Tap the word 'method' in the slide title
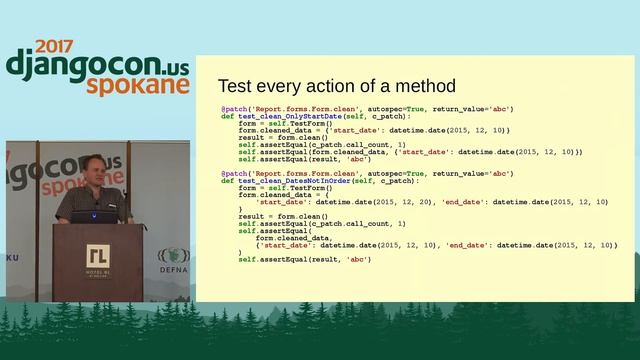point(422,86)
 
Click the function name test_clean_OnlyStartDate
point(285,117)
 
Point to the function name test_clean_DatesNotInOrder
point(290,180)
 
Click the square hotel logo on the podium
point(98,254)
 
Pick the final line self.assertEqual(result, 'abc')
point(304,259)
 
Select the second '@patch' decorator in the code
point(233,173)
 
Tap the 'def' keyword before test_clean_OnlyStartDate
point(227,117)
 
